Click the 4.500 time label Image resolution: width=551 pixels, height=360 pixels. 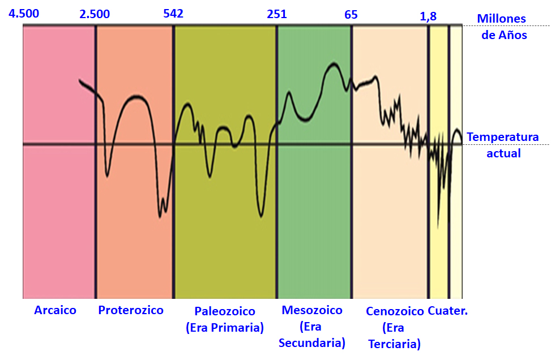pos(24,14)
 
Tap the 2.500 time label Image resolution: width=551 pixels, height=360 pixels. pos(95,14)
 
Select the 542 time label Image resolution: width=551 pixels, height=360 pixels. pos(173,14)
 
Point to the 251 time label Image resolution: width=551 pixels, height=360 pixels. pos(277,14)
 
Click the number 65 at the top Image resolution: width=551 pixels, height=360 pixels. pos(351,14)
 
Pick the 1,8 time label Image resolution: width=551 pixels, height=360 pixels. pos(428,16)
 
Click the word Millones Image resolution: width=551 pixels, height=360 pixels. pos(501,19)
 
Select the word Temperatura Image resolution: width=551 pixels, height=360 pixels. pos(503,138)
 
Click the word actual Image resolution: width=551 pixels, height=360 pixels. pos(503,153)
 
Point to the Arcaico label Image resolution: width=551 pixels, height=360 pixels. pos(55,310)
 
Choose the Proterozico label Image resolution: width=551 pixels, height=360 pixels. pos(130,310)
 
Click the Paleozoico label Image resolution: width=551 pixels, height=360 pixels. pos(225,311)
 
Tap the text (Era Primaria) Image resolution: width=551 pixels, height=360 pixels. pos(225,328)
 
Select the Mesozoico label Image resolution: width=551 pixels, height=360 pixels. pos(312,310)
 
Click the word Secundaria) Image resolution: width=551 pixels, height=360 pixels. pos(312,343)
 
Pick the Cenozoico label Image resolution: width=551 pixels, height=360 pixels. pos(395,311)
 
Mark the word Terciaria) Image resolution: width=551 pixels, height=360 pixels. pos(395,344)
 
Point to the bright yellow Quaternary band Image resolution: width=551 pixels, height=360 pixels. pos(438,255)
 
